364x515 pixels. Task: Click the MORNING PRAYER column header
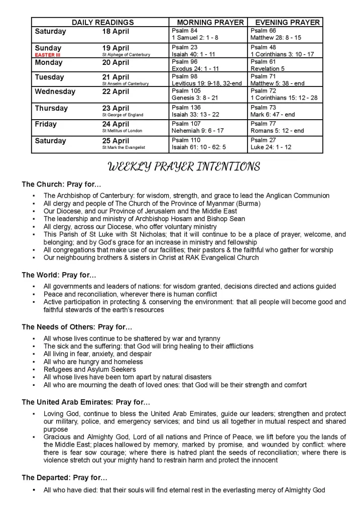pos(210,22)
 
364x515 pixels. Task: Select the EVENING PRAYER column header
pos(287,22)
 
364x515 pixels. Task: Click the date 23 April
pos(115,108)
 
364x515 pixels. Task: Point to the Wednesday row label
pos(55,92)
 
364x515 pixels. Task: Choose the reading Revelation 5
pos(268,69)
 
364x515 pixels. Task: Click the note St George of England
pos(123,115)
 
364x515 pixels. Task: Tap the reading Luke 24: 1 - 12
pos(271,147)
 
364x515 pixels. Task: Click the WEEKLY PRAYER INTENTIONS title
pos(184,167)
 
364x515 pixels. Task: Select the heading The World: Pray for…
pos(59,275)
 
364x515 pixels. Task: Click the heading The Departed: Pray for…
pos(64,477)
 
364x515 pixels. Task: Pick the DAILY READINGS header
pos(103,22)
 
